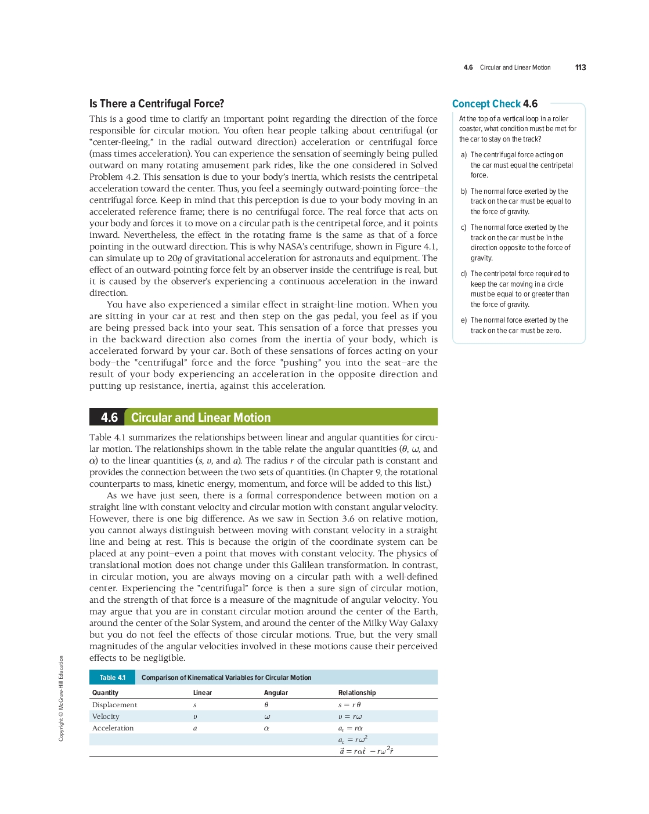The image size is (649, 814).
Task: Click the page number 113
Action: [581, 68]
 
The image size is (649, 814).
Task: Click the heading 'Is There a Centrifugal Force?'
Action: [157, 104]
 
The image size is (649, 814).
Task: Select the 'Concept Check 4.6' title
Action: [495, 104]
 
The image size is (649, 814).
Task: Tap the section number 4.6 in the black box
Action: [109, 418]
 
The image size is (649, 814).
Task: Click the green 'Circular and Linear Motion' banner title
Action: [201, 418]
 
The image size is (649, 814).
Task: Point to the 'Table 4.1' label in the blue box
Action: [112, 678]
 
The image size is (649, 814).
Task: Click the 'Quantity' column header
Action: [105, 693]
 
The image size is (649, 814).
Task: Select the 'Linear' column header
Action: [203, 693]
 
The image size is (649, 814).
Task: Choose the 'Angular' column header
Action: [276, 693]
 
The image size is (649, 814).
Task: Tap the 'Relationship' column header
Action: [357, 693]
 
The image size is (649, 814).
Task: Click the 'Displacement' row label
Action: [114, 705]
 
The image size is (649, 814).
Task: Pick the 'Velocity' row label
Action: [106, 717]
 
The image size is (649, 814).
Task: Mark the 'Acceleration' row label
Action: [113, 728]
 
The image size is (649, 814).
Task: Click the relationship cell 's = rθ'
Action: [349, 705]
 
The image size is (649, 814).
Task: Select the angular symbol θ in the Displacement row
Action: [266, 705]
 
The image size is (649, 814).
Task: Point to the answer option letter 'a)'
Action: [464, 155]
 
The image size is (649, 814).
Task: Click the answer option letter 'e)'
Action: [464, 320]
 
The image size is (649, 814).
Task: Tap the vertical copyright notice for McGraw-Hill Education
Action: [61, 698]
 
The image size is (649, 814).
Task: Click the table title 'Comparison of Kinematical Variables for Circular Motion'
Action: [226, 678]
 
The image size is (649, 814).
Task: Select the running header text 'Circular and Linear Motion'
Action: [515, 68]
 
